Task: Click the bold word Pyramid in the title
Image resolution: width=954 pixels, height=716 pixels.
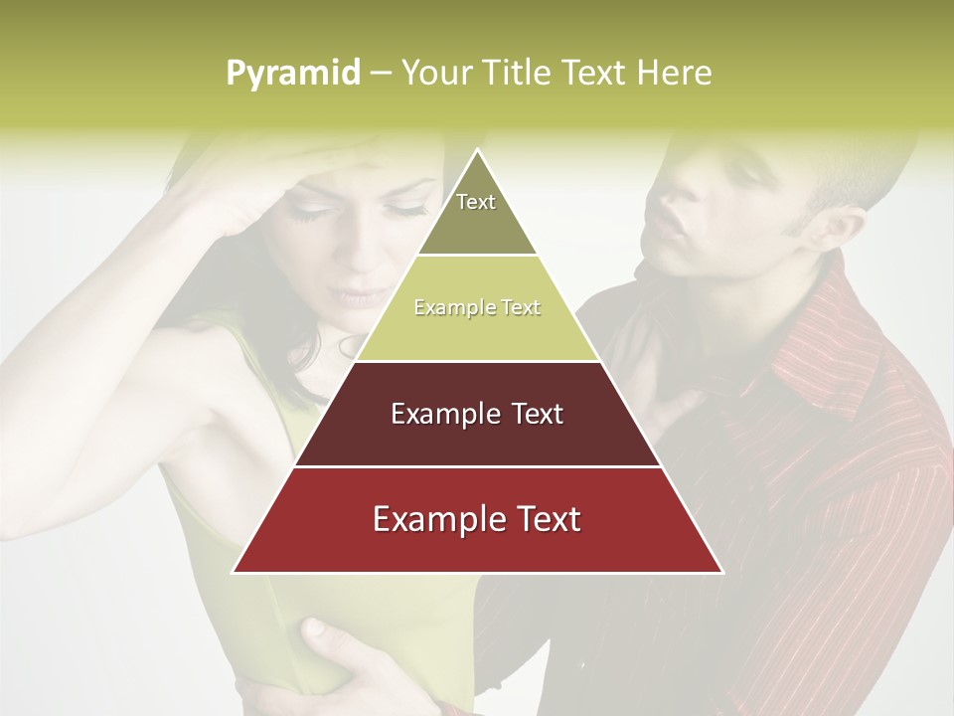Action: coord(292,74)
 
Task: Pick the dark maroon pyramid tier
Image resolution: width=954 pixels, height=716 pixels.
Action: coord(477,415)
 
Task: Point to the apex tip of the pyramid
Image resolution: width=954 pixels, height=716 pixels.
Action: coord(477,151)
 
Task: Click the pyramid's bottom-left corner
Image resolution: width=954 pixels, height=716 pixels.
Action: coord(235,572)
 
